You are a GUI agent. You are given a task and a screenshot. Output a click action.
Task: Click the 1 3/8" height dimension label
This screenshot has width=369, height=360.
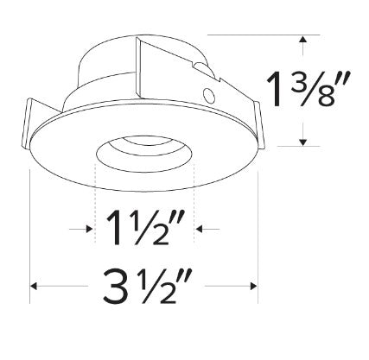tap(308, 90)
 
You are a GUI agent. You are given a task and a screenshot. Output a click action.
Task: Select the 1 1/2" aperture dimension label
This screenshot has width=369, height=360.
tap(145, 227)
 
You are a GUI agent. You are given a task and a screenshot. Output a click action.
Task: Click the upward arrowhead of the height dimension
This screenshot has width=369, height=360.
tap(302, 40)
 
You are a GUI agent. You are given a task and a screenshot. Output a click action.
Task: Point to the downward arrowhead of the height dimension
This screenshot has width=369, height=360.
tap(302, 142)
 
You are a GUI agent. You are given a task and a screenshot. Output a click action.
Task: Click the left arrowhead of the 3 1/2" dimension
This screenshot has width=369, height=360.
tap(34, 286)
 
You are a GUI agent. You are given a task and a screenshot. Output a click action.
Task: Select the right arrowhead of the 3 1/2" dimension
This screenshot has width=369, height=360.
tap(254, 286)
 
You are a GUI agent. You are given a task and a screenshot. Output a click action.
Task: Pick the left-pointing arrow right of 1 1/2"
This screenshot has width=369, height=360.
tap(207, 229)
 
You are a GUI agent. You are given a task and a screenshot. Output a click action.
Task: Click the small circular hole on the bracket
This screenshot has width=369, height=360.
tap(208, 96)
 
